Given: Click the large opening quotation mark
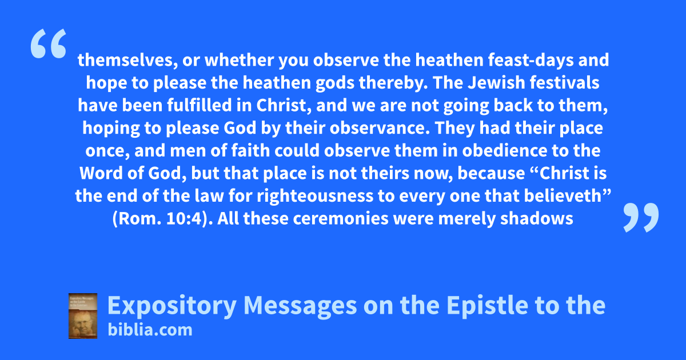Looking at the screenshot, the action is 49,43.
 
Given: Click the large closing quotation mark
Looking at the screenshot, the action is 641,217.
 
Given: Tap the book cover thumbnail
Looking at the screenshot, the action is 83,316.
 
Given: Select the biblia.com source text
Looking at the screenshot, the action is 150,330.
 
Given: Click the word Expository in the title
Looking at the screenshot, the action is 172,306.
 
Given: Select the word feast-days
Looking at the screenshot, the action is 531,60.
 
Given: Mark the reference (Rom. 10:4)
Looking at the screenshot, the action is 163,218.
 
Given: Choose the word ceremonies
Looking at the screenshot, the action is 341,218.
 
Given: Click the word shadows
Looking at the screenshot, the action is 537,218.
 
